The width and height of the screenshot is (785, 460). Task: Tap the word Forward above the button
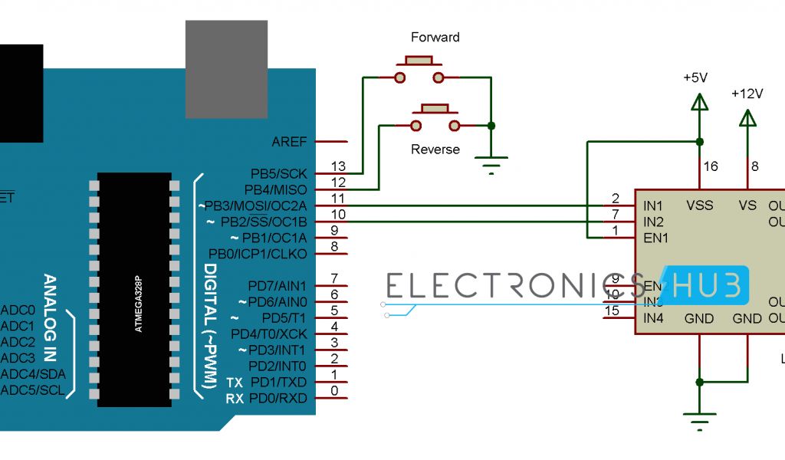pyautogui.click(x=435, y=37)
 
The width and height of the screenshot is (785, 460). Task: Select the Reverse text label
pyautogui.click(x=435, y=149)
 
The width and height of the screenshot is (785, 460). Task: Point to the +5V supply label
pyautogui.click(x=696, y=77)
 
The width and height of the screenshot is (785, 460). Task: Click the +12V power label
pyautogui.click(x=747, y=94)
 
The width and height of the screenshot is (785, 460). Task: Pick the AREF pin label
pyautogui.click(x=289, y=143)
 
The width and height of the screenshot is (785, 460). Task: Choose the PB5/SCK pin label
pyautogui.click(x=278, y=174)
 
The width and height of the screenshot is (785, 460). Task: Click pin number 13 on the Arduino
pyautogui.click(x=337, y=166)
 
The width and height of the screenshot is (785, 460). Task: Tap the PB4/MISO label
pyautogui.click(x=275, y=189)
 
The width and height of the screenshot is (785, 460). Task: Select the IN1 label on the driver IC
pyautogui.click(x=654, y=205)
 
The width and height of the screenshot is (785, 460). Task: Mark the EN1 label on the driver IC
pyautogui.click(x=655, y=238)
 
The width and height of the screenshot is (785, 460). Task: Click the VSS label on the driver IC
pyautogui.click(x=699, y=205)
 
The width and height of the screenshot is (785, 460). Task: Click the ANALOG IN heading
pyautogui.click(x=51, y=317)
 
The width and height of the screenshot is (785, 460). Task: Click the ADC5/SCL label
pyautogui.click(x=32, y=390)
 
